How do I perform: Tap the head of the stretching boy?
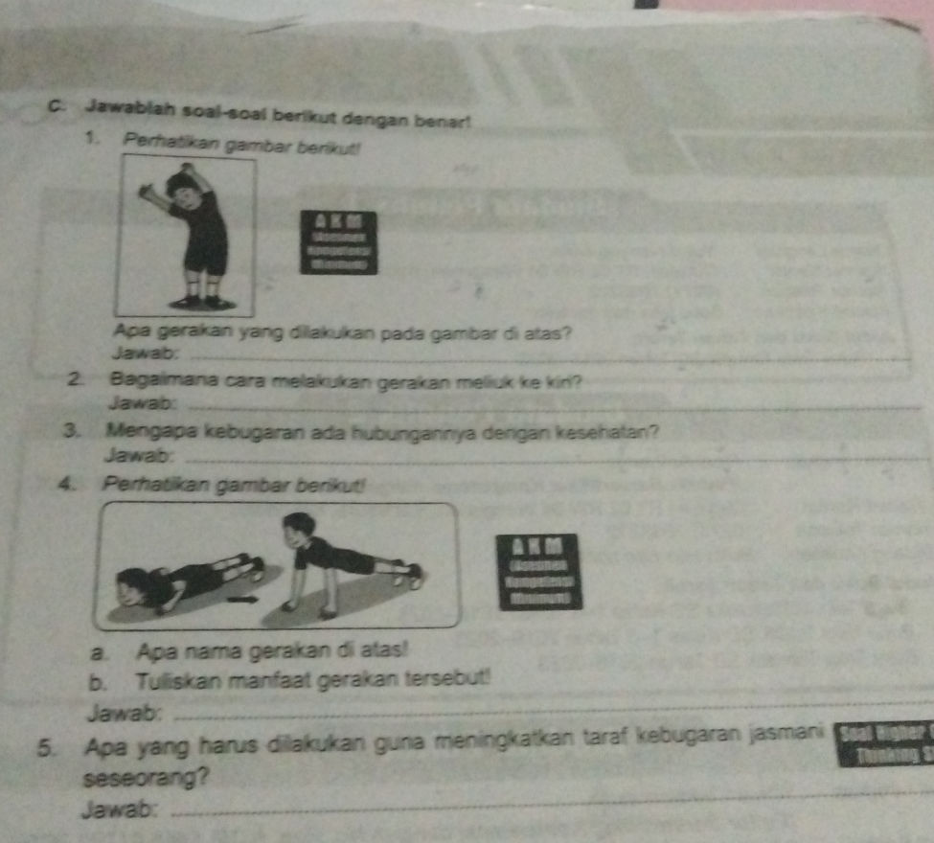[x=183, y=186]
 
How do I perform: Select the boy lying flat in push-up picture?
[x=188, y=577]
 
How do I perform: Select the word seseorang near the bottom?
[x=145, y=779]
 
